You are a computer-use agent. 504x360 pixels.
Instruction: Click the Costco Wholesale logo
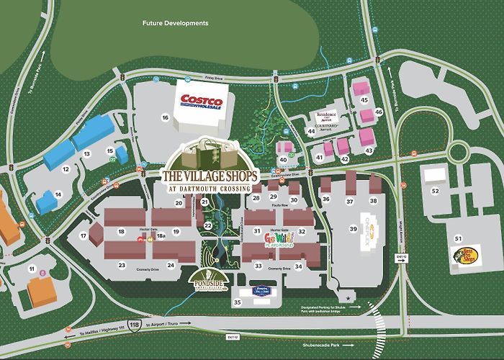tap(202, 103)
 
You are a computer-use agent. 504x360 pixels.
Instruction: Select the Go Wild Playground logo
tap(281, 239)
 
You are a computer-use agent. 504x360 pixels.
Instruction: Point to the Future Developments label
tap(176, 23)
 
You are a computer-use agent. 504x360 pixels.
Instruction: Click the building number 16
tap(165, 117)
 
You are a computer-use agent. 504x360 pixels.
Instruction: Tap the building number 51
tap(458, 237)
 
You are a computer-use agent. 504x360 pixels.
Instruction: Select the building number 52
tap(435, 191)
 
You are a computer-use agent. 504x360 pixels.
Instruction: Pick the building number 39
tap(354, 228)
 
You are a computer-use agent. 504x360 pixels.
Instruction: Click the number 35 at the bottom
tap(238, 302)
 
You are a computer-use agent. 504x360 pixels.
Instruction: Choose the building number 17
tap(84, 236)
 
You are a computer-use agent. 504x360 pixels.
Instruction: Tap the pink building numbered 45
tap(364, 99)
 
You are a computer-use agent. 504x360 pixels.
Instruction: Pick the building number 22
tap(207, 225)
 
